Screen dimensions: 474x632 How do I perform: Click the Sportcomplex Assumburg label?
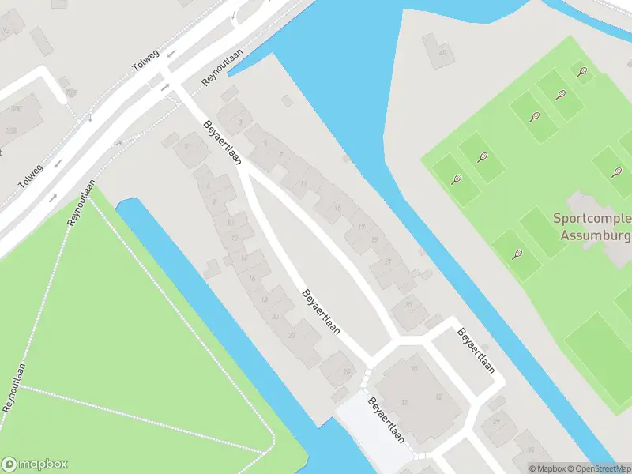click(591, 226)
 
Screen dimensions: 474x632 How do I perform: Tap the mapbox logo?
click(35, 465)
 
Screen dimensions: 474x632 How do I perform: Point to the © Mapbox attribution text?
click(548, 468)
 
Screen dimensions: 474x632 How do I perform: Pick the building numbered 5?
click(265, 142)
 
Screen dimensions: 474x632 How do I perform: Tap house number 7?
click(280, 155)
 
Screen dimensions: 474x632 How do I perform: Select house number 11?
click(304, 184)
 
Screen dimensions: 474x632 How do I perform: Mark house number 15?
click(337, 208)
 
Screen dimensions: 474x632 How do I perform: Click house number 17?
click(361, 228)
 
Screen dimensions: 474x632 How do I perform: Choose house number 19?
click(374, 239)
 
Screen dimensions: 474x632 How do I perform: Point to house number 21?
click(388, 261)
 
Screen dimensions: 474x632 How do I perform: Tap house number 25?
click(408, 304)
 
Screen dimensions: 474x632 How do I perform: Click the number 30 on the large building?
click(413, 369)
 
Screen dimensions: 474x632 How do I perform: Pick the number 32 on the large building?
click(404, 402)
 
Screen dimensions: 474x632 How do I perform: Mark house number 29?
click(496, 422)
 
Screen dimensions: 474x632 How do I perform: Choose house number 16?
click(252, 278)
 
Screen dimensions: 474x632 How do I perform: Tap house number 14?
click(244, 258)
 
